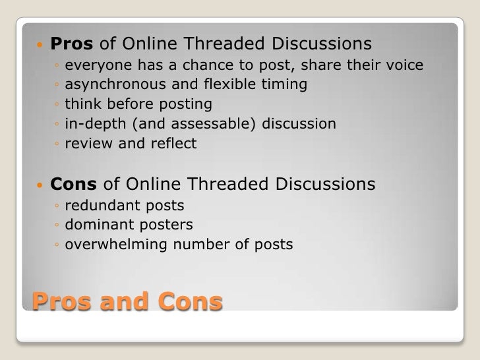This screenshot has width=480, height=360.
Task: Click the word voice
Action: coord(404,65)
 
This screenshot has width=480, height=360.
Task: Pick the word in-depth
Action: coord(92,123)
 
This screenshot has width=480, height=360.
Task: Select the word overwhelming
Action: coord(117,245)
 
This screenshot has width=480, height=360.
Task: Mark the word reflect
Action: coord(174,142)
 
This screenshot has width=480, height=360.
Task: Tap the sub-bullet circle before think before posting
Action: coord(58,105)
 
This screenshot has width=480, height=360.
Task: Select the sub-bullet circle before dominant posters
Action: coord(58,225)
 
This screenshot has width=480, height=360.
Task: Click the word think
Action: coord(81,104)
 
